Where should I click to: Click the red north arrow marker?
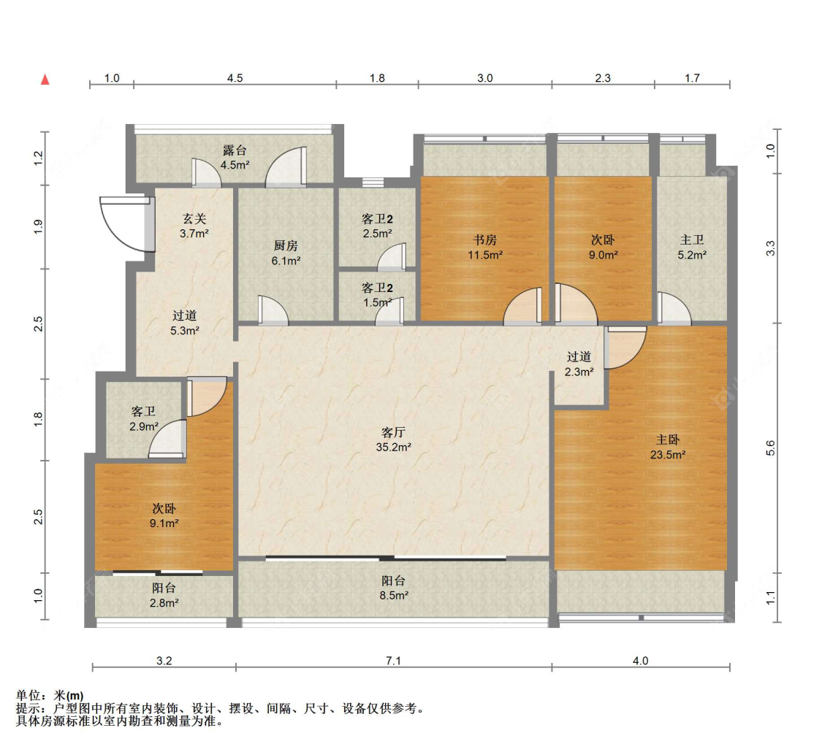tap(45, 79)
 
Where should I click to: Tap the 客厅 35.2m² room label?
tap(393, 440)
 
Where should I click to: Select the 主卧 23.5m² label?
tap(668, 447)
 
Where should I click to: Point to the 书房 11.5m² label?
tap(485, 248)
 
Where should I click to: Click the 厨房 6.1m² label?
tap(286, 253)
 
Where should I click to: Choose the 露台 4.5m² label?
tap(235, 158)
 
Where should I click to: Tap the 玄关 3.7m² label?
tap(194, 226)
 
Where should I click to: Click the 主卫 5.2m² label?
tap(692, 248)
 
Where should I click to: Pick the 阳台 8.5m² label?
tap(394, 588)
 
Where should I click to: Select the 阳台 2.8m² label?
tap(164, 596)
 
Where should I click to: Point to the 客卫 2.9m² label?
tap(144, 419)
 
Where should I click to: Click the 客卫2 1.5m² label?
tap(378, 296)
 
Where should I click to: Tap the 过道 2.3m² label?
tap(579, 364)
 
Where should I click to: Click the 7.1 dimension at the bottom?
tap(393, 660)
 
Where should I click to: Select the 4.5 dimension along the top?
tap(235, 78)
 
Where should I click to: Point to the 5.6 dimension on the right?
tap(770, 448)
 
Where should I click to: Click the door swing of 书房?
tap(522, 307)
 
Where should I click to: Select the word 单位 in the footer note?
tap(28, 696)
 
